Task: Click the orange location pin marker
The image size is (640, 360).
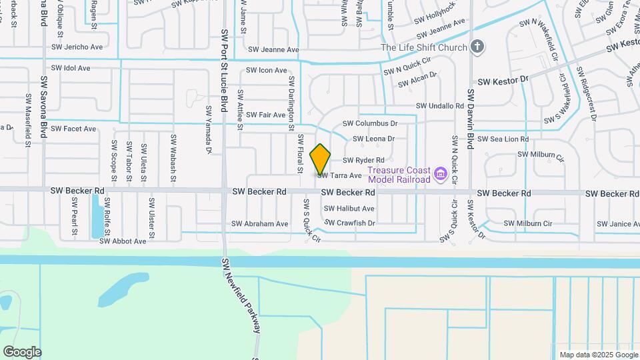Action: pyautogui.click(x=321, y=159)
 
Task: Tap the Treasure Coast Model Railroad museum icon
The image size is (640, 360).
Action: pyautogui.click(x=440, y=175)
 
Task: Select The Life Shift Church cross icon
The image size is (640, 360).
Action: pyautogui.click(x=476, y=47)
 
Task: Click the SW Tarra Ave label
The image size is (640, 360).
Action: pyautogui.click(x=339, y=176)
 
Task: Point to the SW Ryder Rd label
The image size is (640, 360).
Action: pyautogui.click(x=363, y=161)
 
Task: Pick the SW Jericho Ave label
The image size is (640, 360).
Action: pyautogui.click(x=77, y=47)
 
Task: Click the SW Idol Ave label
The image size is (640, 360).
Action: pyautogui.click(x=70, y=69)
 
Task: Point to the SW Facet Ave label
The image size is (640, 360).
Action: pyautogui.click(x=73, y=129)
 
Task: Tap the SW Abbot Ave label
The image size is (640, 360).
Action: pyautogui.click(x=123, y=241)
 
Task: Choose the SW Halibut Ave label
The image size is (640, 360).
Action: pyautogui.click(x=350, y=209)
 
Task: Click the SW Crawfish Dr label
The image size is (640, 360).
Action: pyautogui.click(x=351, y=223)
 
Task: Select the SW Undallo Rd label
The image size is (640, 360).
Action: pyautogui.click(x=439, y=106)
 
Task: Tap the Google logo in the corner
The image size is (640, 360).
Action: pyautogui.click(x=22, y=351)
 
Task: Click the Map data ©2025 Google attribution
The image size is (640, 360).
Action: pyautogui.click(x=598, y=355)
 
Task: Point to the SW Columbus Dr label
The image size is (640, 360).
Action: pyautogui.click(x=370, y=123)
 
